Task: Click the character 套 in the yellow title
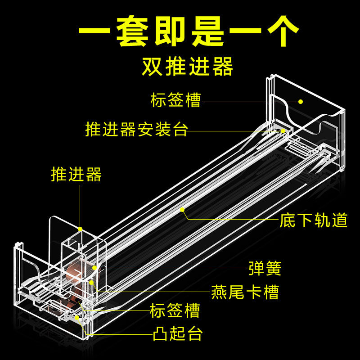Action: point(132,31)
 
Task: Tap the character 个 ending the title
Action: point(283,31)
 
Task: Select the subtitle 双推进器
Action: point(188,67)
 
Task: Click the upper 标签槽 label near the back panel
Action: point(176,100)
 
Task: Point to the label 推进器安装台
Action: point(137,129)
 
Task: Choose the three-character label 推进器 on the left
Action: point(76,174)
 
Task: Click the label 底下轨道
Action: point(314,220)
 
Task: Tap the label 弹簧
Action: point(265,268)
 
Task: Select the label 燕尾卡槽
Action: point(245,292)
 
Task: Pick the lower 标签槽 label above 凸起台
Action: point(175,310)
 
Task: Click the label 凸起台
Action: point(178,333)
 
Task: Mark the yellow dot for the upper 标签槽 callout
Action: point(301,102)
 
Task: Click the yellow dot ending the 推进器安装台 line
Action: point(283,131)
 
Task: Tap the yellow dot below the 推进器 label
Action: point(80,229)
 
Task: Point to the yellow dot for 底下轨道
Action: point(182,210)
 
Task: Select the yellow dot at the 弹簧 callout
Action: point(94,268)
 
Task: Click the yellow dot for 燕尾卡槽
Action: point(91,283)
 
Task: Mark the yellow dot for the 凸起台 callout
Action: point(77,318)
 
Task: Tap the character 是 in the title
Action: point(208,31)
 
